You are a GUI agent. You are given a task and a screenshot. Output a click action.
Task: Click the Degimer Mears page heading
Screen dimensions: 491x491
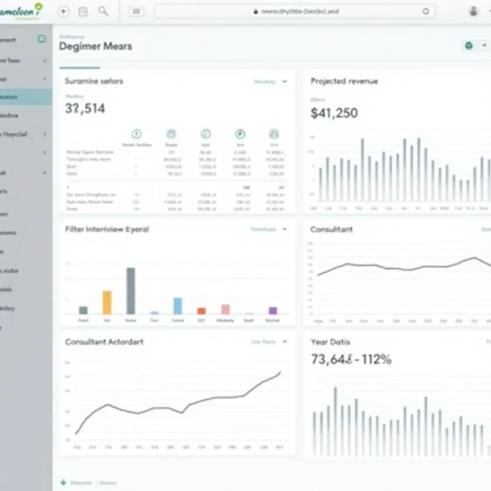[95, 46]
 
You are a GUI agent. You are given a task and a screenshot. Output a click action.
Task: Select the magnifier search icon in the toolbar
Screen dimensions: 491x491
[103, 11]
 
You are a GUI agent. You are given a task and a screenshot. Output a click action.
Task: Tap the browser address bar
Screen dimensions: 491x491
[295, 11]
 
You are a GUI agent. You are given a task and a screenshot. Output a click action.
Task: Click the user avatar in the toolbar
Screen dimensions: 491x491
[473, 11]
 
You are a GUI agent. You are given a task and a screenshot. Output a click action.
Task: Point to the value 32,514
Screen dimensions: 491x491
[85, 108]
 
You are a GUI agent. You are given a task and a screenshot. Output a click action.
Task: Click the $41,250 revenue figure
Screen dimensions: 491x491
[334, 113]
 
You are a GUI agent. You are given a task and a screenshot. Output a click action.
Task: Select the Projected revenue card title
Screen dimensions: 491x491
[344, 81]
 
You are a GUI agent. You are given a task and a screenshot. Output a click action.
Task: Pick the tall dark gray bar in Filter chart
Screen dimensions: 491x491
[131, 291]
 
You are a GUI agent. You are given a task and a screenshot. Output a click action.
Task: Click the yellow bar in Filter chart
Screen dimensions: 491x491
[107, 302]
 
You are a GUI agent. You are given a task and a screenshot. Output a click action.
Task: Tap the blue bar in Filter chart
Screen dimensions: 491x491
[178, 306]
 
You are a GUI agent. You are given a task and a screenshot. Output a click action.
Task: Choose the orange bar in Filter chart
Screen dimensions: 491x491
[201, 311]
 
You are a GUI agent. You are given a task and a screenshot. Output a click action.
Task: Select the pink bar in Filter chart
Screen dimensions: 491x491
[225, 309]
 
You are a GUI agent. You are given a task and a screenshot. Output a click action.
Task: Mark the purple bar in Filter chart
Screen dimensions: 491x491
[273, 310]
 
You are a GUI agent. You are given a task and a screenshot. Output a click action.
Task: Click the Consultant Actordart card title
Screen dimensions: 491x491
[104, 342]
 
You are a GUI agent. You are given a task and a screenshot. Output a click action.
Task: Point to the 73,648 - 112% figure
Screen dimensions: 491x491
[351, 359]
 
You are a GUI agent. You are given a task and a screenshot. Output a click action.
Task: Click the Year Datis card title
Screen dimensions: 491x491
[331, 342]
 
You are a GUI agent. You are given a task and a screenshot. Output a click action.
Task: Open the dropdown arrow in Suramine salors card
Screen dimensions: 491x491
[285, 82]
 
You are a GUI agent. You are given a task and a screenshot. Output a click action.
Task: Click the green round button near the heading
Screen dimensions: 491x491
[469, 46]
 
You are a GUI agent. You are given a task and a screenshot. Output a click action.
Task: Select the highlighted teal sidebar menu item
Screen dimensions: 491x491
[25, 97]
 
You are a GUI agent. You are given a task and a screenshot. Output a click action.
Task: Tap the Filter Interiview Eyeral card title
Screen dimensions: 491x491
[107, 229]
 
